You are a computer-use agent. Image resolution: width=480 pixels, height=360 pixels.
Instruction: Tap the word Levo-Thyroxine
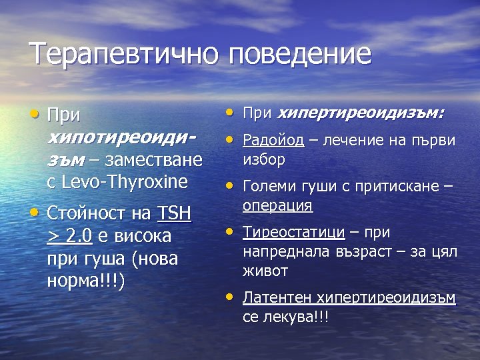tap(127, 181)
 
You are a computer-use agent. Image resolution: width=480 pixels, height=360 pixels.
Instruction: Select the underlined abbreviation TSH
tap(174, 213)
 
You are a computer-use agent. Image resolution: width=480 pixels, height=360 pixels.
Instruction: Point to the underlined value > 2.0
tap(70, 236)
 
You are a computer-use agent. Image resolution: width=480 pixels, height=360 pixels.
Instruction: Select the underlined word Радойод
tap(273, 140)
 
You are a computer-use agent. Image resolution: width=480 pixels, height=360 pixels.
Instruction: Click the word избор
tap(264, 159)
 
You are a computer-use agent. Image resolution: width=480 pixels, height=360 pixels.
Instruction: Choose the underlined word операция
tap(277, 205)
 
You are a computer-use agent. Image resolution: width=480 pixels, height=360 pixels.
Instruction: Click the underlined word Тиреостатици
tap(293, 233)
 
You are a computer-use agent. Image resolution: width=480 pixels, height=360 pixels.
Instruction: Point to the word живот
tap(265, 271)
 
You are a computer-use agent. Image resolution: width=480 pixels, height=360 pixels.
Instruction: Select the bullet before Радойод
tap(230, 139)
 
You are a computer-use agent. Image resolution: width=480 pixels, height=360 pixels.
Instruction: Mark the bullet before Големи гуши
tap(230, 186)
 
